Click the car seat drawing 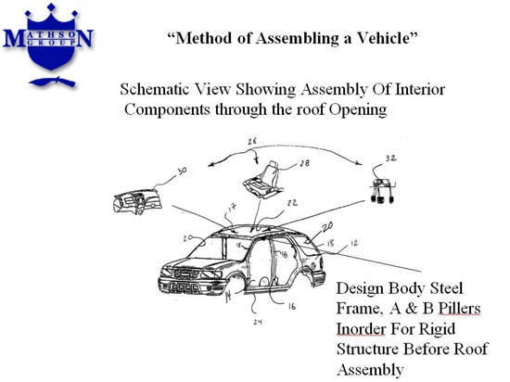263,180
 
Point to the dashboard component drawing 137,201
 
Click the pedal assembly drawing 382,190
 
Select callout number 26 252,142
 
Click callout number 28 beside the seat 304,163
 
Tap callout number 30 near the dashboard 182,171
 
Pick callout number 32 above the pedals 390,159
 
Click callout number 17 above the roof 232,208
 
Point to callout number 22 292,203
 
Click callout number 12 354,243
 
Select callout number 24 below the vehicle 258,322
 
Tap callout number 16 292,306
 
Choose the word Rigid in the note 437,330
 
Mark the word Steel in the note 446,288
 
